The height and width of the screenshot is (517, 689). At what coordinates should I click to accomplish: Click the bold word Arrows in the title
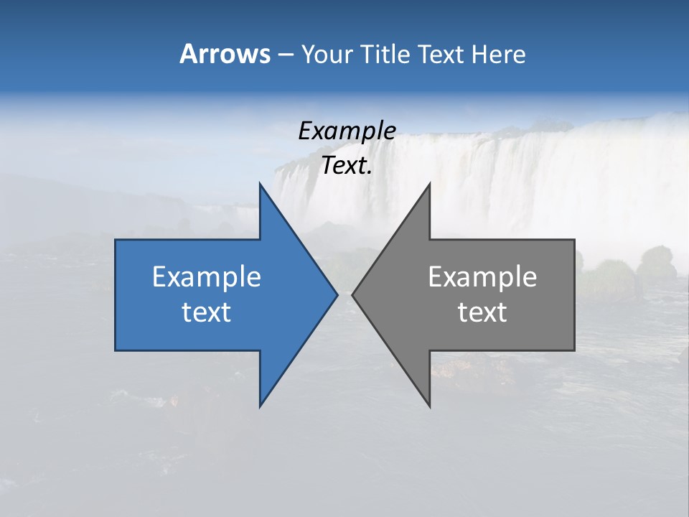[x=224, y=54]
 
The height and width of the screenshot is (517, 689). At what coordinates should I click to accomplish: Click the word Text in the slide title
[x=442, y=54]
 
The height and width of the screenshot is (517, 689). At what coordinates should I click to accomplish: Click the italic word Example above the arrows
[x=347, y=131]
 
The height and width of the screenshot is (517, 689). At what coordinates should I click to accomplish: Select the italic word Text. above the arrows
[x=347, y=165]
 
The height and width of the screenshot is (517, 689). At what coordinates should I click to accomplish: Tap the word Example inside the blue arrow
[x=207, y=276]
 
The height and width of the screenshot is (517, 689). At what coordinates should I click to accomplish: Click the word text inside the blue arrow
[x=207, y=312]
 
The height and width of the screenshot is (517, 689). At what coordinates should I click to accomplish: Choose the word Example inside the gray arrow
[x=482, y=276]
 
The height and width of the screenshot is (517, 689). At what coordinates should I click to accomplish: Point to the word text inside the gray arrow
[x=482, y=312]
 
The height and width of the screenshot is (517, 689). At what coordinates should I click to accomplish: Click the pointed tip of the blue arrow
[x=337, y=294]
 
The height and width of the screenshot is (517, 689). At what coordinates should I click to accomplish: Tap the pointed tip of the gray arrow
[x=352, y=294]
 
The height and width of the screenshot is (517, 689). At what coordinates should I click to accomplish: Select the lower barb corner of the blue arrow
[x=261, y=406]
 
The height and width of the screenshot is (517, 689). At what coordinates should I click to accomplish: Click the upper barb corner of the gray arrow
[x=429, y=184]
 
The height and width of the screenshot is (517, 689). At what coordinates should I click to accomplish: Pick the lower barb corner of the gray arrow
[x=429, y=406]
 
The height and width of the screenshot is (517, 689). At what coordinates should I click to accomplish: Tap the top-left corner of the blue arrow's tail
[x=116, y=240]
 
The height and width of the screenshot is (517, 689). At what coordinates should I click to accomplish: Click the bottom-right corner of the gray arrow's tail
[x=574, y=350]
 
